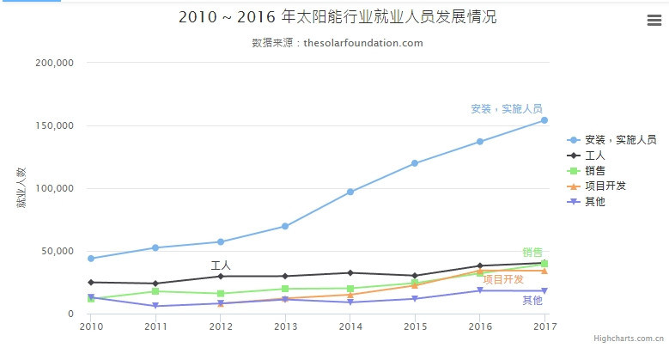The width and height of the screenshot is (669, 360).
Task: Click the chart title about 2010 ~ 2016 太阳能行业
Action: point(338,17)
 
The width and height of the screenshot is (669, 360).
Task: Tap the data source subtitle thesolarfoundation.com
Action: point(338,43)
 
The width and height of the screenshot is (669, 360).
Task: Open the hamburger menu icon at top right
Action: point(654,21)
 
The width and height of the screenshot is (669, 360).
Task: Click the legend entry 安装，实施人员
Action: point(620,140)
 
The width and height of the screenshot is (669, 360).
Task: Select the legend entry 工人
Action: point(595,156)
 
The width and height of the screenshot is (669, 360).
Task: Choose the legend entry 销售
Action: point(595,171)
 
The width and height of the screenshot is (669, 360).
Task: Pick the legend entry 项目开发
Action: point(605,186)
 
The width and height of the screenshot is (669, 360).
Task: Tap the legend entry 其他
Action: point(595,201)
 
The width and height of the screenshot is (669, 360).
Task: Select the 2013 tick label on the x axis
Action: point(286,326)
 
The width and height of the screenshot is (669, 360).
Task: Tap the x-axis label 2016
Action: point(480,326)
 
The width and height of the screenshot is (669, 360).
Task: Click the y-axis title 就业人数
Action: point(21,189)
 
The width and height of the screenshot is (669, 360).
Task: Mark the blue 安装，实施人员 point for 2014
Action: point(350,192)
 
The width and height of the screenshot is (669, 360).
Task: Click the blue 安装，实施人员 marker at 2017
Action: point(544,120)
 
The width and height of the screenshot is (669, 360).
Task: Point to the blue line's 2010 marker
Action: point(91,259)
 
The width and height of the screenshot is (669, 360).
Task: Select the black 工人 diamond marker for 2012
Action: point(221,276)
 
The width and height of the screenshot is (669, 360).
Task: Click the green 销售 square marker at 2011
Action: point(155,291)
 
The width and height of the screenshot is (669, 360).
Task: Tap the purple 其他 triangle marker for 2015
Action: point(415,299)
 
